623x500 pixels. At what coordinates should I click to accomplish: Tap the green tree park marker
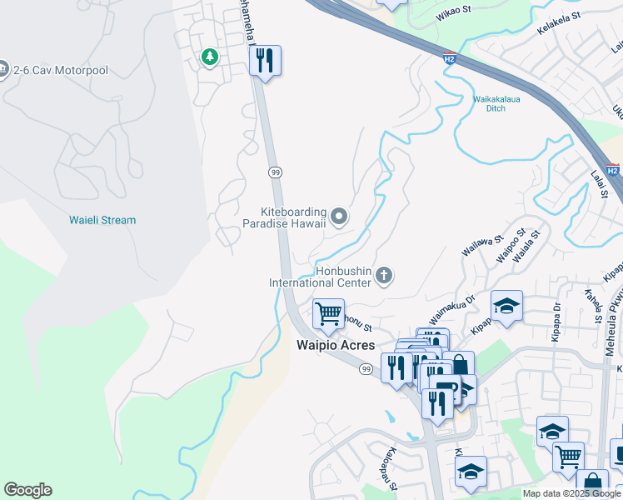[210, 57]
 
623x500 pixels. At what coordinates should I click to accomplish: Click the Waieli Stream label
[102, 220]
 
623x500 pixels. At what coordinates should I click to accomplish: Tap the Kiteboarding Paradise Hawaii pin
[338, 217]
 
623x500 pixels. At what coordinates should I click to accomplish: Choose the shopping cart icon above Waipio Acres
[328, 314]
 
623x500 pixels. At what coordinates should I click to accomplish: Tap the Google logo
[27, 490]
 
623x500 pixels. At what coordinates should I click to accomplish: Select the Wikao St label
[454, 14]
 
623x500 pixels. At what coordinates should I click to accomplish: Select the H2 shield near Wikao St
[449, 59]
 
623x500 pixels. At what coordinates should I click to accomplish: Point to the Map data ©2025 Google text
[571, 493]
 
